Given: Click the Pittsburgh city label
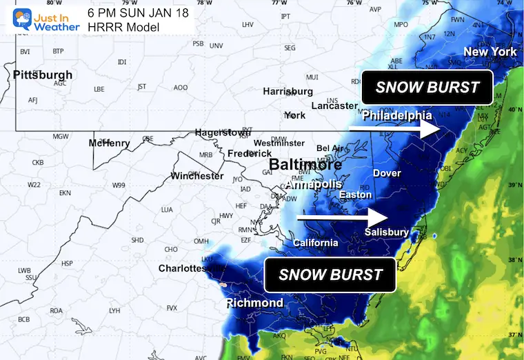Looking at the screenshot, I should (x=42, y=74).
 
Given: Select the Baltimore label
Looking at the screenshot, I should (x=305, y=165).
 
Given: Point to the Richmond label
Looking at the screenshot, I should (x=254, y=303).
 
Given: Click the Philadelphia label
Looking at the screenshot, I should (x=396, y=115).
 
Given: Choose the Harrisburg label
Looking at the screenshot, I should (x=288, y=91).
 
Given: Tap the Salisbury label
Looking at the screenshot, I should (x=386, y=232).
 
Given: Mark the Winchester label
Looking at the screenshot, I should (x=197, y=176).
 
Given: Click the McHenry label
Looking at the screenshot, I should (x=109, y=143).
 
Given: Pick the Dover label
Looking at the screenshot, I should (x=387, y=173).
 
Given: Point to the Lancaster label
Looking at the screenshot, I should (x=334, y=106).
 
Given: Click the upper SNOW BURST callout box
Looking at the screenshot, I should (x=427, y=88).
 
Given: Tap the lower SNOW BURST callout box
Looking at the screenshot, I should (x=330, y=275).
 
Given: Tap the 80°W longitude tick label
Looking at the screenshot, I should (x=49, y=3).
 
